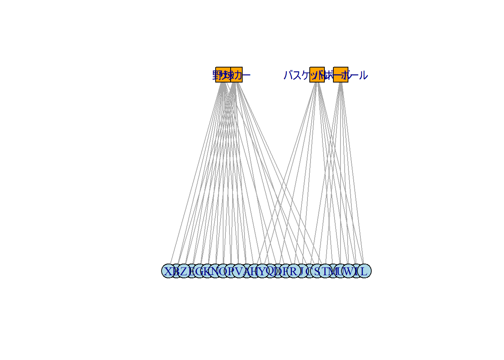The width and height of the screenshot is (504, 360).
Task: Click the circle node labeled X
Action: (169, 271)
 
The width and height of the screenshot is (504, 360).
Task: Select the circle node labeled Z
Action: (184, 271)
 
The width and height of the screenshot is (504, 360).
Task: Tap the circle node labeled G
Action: (199, 271)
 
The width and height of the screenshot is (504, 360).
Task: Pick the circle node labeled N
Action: (215, 271)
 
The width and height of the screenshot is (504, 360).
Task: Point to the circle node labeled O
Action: (223, 271)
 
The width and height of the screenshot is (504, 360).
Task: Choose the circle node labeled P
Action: (231, 271)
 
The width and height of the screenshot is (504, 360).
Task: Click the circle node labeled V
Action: (239, 271)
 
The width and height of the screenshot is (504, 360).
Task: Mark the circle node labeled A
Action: (247, 271)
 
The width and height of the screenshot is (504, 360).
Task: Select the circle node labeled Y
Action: (262, 271)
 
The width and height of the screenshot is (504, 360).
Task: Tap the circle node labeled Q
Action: (270, 271)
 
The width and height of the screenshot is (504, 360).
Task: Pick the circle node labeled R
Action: (294, 271)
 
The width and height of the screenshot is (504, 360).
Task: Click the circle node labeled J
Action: (301, 271)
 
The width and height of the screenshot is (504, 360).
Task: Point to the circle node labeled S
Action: (317, 271)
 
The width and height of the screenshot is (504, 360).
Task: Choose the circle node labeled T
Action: (325, 271)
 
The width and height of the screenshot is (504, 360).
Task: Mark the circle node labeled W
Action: (348, 271)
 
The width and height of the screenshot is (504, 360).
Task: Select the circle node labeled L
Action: (364, 271)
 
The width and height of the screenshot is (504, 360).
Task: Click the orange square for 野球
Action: (223, 75)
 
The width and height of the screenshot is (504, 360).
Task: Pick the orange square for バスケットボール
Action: (317, 75)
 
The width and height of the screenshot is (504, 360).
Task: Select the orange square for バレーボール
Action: (340, 75)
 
